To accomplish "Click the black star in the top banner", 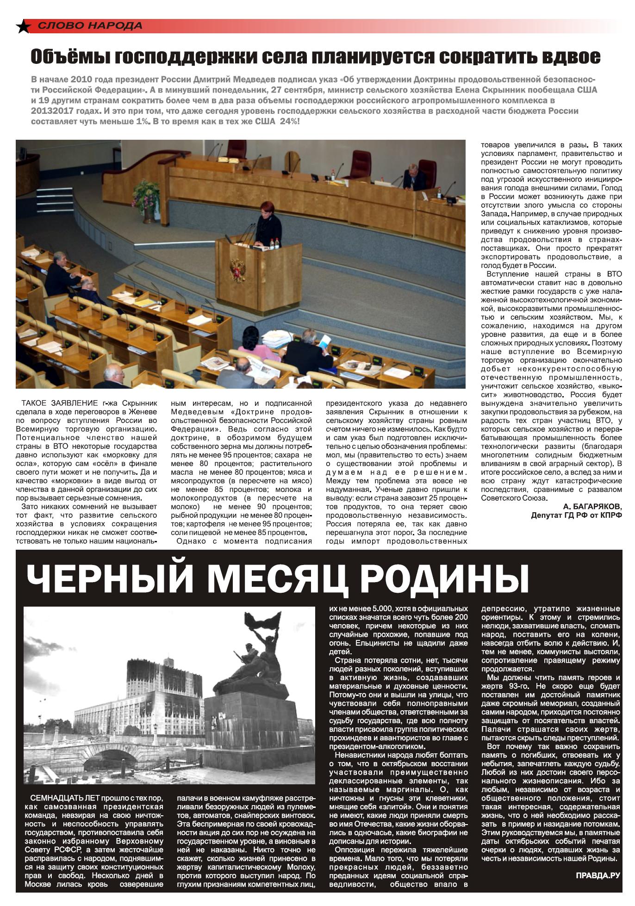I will (23, 27).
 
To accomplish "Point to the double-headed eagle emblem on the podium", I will (238, 270).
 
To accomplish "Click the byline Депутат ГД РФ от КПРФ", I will (576, 515).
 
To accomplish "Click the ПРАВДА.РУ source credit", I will (598, 875).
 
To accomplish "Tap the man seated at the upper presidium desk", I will (411, 177).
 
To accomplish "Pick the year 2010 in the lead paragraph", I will (93, 79).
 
